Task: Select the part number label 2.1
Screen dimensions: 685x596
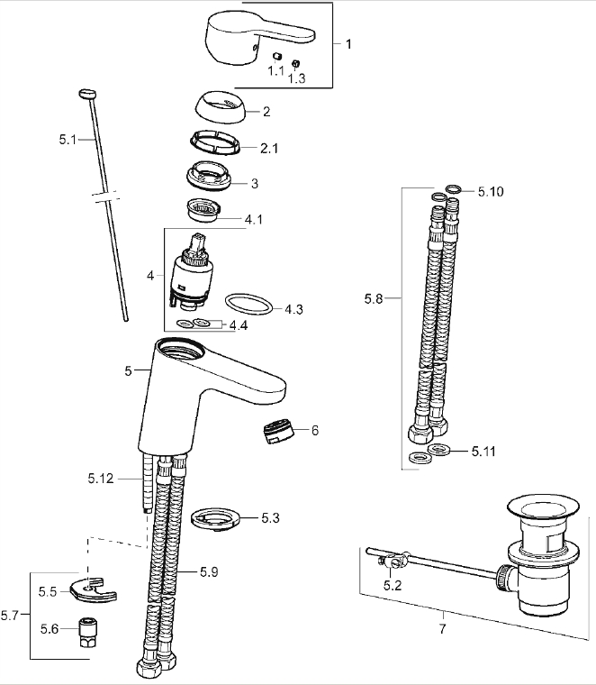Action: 268,148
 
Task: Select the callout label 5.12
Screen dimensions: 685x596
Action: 103,479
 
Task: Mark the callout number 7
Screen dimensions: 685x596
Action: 442,628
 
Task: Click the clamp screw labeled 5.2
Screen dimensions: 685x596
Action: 387,565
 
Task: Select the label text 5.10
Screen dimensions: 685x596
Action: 491,192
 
